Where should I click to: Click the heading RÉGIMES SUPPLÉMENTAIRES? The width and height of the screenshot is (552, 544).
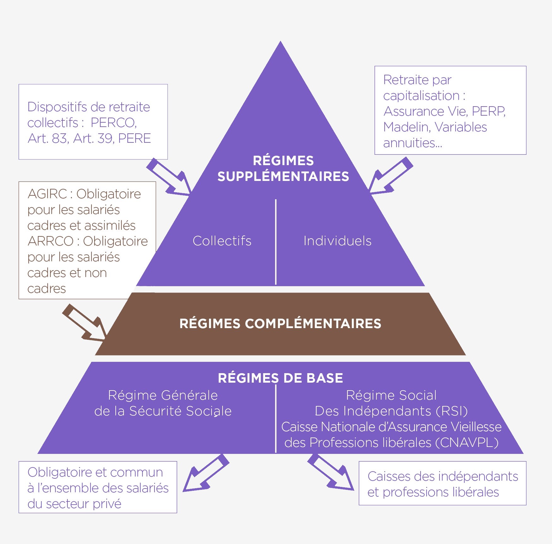(283, 168)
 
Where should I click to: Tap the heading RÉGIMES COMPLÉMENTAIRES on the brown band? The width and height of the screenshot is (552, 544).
(280, 324)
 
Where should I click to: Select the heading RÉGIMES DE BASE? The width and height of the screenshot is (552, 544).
(280, 378)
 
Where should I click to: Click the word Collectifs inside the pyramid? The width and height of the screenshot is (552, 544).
(222, 241)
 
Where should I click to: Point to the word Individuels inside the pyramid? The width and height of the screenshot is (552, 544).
(337, 241)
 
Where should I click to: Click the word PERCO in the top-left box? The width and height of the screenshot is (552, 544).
(113, 123)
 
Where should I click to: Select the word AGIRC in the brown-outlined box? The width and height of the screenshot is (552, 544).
(47, 194)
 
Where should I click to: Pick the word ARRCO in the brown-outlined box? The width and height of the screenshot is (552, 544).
(50, 241)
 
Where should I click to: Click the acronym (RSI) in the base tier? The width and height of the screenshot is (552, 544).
(452, 411)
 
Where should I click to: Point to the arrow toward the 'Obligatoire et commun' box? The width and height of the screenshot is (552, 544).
(205, 473)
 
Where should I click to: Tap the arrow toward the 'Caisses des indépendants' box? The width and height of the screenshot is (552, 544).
(331, 472)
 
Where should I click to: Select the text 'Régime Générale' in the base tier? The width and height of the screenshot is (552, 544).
(163, 395)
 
